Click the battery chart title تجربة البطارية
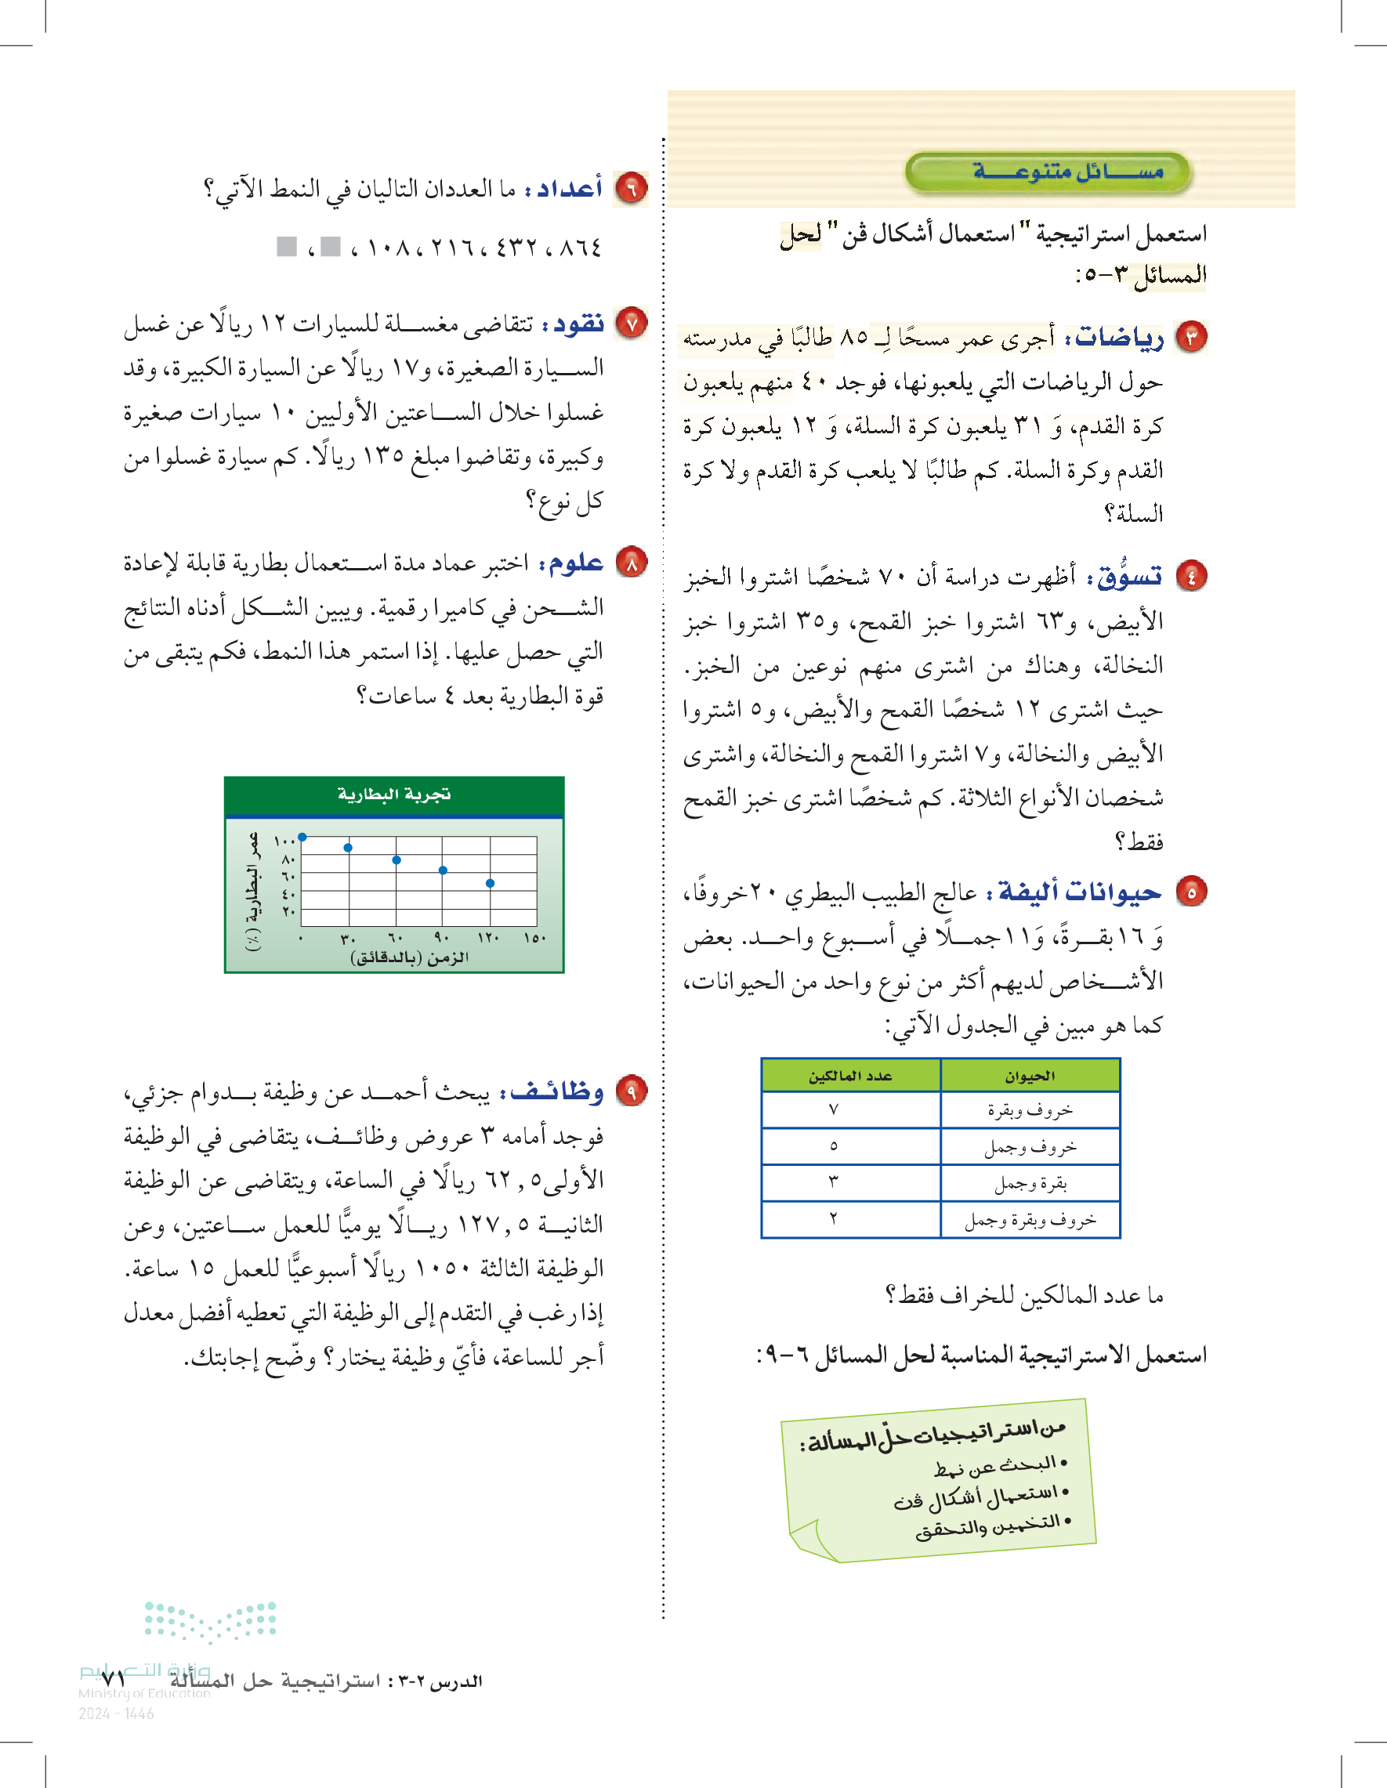tap(394, 795)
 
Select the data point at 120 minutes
tap(490, 883)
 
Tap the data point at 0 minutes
tap(302, 837)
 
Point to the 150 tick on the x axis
tap(534, 938)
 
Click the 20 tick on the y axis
tap(288, 911)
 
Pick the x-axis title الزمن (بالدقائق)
tap(409, 957)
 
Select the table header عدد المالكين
tap(850, 1076)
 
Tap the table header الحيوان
tap(1030, 1076)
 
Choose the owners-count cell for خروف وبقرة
tap(834, 1110)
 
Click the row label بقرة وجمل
tap(1030, 1184)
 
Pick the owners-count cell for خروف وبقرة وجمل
tap(834, 1220)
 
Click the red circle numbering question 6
tap(632, 188)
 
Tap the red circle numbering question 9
tap(632, 1091)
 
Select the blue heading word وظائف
tap(557, 1092)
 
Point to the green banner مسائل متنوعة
tap(1048, 172)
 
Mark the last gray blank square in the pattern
tap(287, 247)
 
